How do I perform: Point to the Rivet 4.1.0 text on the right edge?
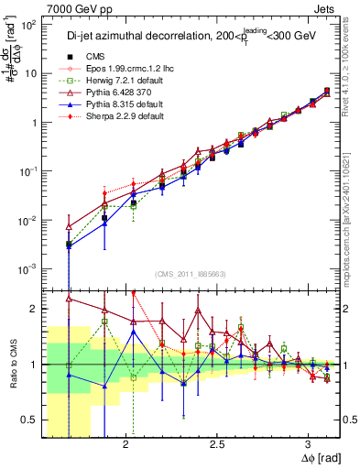coord(352,71)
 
